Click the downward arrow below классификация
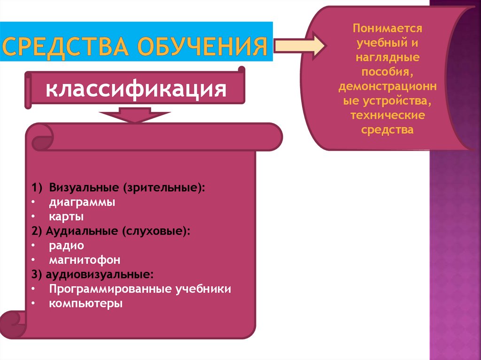(x=135, y=115)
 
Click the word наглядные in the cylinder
(x=388, y=58)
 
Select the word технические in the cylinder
(x=388, y=115)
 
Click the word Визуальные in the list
(x=83, y=188)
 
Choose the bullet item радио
(x=66, y=245)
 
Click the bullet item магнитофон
(x=85, y=260)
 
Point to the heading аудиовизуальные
(x=99, y=274)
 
